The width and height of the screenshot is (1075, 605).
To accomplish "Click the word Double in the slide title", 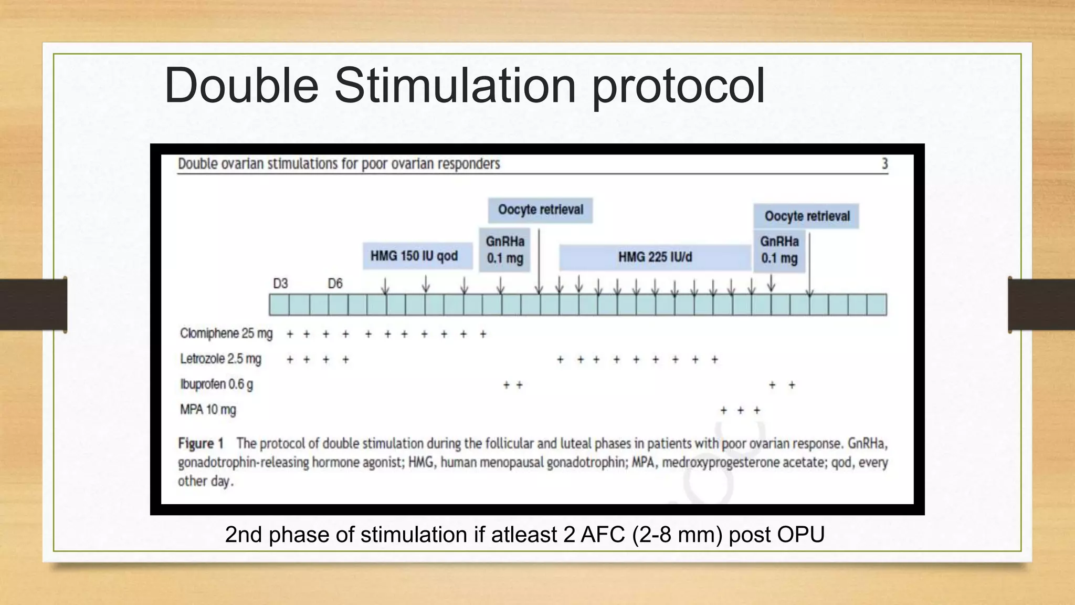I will click(x=241, y=85).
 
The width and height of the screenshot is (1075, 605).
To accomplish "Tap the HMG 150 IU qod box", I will click(x=414, y=256).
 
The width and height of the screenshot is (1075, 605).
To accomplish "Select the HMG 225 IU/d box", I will click(x=655, y=257).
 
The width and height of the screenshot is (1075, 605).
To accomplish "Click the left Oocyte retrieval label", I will click(x=541, y=210).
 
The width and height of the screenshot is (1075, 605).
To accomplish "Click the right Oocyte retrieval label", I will click(x=807, y=216).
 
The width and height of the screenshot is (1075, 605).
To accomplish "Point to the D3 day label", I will click(x=280, y=284).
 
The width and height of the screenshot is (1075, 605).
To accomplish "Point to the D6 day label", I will click(x=335, y=284).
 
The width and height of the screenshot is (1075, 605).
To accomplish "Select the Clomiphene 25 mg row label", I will click(x=226, y=334).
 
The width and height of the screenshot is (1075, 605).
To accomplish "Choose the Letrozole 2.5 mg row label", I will click(x=220, y=359).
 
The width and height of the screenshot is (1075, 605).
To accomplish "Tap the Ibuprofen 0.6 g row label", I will click(x=216, y=384).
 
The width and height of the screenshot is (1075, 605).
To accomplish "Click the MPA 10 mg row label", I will click(x=208, y=410).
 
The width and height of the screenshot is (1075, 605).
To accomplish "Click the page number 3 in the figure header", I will click(x=884, y=164).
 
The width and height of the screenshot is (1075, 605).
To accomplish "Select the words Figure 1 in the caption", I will click(x=201, y=444).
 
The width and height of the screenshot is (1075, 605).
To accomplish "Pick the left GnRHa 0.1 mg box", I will click(x=505, y=250).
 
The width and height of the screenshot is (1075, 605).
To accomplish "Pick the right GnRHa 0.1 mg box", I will click(x=779, y=250).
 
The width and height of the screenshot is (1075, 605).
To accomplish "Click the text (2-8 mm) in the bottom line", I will click(x=677, y=535).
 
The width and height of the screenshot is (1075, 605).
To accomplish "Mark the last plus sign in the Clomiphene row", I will click(x=483, y=334).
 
